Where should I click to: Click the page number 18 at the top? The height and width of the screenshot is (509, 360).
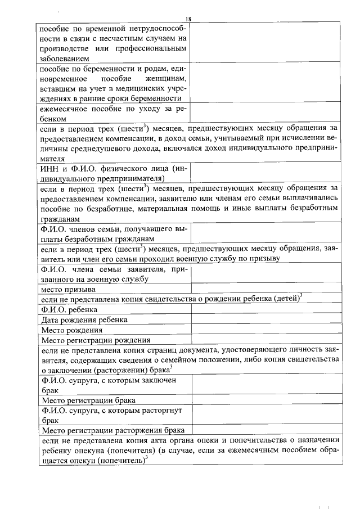(188, 19)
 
